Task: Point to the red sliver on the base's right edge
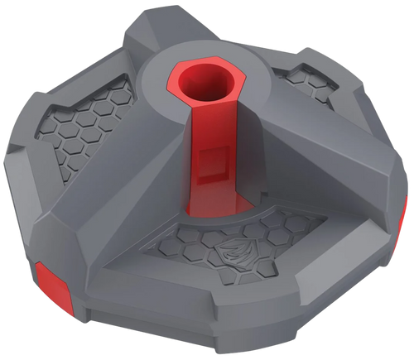(x=408, y=194)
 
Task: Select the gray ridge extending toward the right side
(x=331, y=166)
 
